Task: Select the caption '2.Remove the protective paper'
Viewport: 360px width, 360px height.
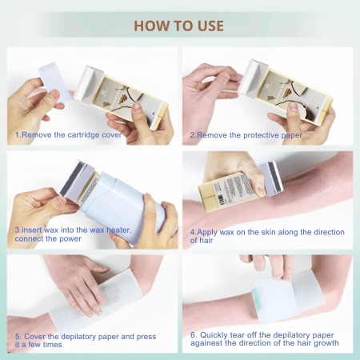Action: pyautogui.click(x=246, y=135)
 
